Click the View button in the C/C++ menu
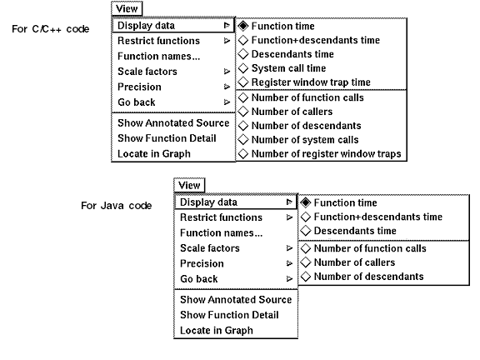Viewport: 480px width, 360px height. (127, 8)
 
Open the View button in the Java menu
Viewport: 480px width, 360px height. (189, 185)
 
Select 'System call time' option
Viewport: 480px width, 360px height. (288, 68)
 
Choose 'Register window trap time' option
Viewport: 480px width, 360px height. (311, 82)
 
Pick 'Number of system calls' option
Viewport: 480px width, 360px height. (305, 140)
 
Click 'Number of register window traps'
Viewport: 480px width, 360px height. (326, 153)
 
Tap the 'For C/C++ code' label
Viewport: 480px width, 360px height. (51, 29)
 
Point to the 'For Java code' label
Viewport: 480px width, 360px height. (117, 205)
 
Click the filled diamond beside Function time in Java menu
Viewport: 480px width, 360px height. (306, 202)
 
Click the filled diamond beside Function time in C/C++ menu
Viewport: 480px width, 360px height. (243, 26)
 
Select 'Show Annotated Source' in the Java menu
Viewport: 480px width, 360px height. (236, 299)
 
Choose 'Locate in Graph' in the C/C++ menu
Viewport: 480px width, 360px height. (154, 153)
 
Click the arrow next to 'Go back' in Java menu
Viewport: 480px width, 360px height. (289, 279)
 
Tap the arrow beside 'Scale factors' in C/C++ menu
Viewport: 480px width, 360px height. (227, 72)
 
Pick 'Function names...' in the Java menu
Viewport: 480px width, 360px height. (222, 233)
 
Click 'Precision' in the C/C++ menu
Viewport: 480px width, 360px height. (139, 87)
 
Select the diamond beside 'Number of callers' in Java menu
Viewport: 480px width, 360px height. (306, 262)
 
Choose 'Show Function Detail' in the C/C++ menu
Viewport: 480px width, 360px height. (167, 138)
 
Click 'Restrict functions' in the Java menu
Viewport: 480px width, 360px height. (221, 217)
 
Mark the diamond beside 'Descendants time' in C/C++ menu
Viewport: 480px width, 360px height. (243, 54)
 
